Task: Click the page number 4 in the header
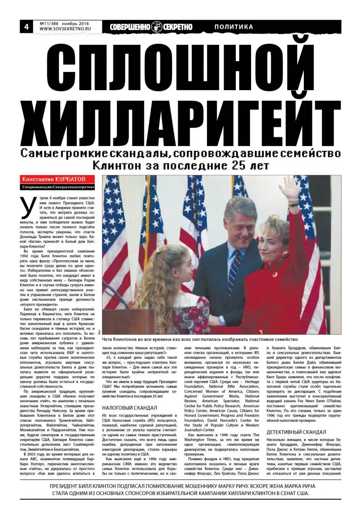26,27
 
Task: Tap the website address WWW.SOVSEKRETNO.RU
63,30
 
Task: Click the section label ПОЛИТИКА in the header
234,27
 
